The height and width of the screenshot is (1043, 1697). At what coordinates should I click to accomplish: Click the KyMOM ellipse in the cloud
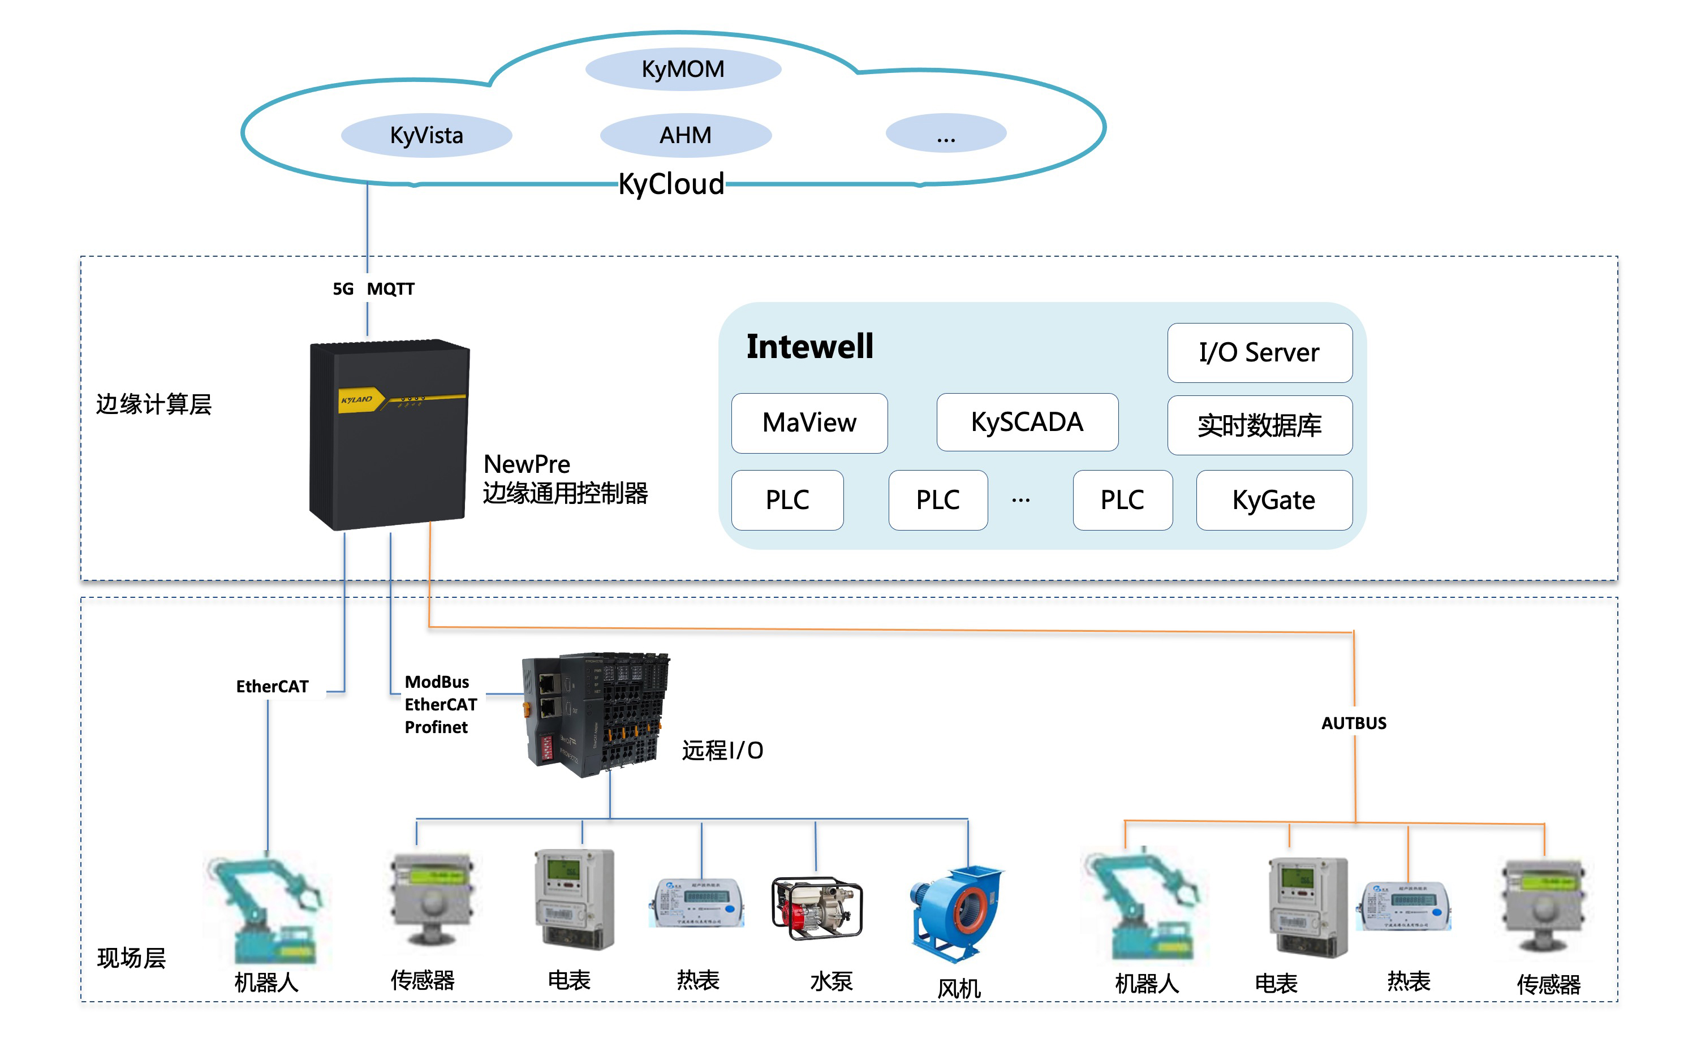tap(683, 69)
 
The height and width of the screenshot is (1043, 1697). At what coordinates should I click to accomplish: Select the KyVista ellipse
tap(427, 135)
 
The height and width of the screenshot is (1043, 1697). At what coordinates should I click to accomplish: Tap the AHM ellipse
tap(685, 135)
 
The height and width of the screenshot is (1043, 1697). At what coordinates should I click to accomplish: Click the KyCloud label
tap(670, 184)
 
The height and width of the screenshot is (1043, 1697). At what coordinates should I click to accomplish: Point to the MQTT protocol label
tap(390, 289)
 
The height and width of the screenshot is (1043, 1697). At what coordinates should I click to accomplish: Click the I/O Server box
tap(1259, 352)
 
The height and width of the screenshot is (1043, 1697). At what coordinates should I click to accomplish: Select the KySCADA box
tap(1027, 422)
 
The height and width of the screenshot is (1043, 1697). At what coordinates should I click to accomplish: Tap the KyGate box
tap(1273, 500)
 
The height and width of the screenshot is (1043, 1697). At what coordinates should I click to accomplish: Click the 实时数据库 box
tap(1259, 425)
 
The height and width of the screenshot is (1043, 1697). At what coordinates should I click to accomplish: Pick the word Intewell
tap(810, 346)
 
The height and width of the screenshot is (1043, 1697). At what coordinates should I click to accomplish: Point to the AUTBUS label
tap(1354, 723)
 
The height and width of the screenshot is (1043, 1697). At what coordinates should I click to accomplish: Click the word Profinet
tap(436, 727)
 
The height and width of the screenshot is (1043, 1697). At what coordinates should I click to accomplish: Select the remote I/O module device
tap(595, 714)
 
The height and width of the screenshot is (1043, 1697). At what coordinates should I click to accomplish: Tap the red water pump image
tap(817, 908)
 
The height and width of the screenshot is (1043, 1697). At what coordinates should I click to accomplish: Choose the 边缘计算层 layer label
tap(154, 404)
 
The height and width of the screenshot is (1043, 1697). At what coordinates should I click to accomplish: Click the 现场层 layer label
tap(131, 958)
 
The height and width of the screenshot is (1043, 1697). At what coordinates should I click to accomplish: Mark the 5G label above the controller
tap(343, 289)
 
